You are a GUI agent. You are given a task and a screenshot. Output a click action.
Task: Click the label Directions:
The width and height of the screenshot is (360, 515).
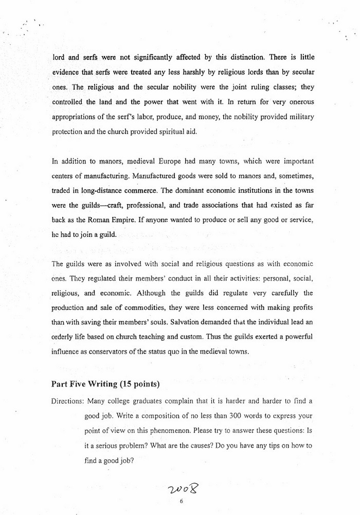click(68, 401)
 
